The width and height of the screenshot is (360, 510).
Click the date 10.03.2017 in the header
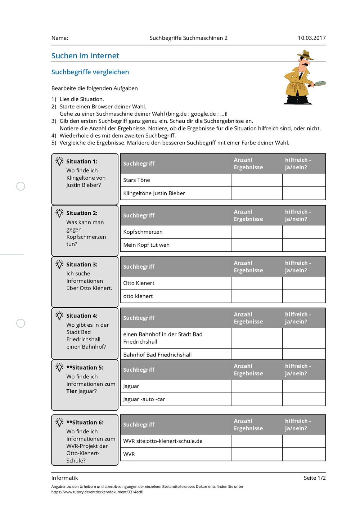tap(311, 38)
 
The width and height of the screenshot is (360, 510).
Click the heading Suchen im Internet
tap(85, 56)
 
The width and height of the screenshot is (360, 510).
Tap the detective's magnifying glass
tap(319, 84)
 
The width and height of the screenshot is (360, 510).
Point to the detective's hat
tap(306, 55)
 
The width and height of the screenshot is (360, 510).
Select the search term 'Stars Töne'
tap(136, 180)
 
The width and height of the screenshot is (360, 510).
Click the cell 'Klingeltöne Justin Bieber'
tap(154, 193)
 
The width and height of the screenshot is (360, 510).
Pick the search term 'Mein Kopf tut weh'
tap(146, 245)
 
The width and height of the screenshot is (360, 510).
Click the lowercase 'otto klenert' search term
tap(138, 296)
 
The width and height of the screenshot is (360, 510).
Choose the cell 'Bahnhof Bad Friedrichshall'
tap(157, 355)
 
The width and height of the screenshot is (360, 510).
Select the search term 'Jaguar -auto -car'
tap(144, 399)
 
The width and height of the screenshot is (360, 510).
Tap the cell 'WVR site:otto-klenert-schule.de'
tap(163, 441)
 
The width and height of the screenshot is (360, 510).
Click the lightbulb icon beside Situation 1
tap(59, 161)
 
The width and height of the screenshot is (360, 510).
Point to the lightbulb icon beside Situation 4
tap(59, 316)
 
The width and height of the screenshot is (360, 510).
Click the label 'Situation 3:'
tap(82, 265)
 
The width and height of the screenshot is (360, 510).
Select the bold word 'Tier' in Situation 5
tap(72, 391)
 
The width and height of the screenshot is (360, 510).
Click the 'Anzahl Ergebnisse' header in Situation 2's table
tap(248, 215)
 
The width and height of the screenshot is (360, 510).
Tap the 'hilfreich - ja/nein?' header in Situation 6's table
tap(298, 425)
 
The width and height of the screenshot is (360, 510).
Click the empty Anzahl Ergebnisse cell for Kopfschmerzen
tap(256, 232)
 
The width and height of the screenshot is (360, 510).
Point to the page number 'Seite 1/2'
tap(314, 478)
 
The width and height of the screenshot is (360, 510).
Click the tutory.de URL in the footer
tap(97, 492)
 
